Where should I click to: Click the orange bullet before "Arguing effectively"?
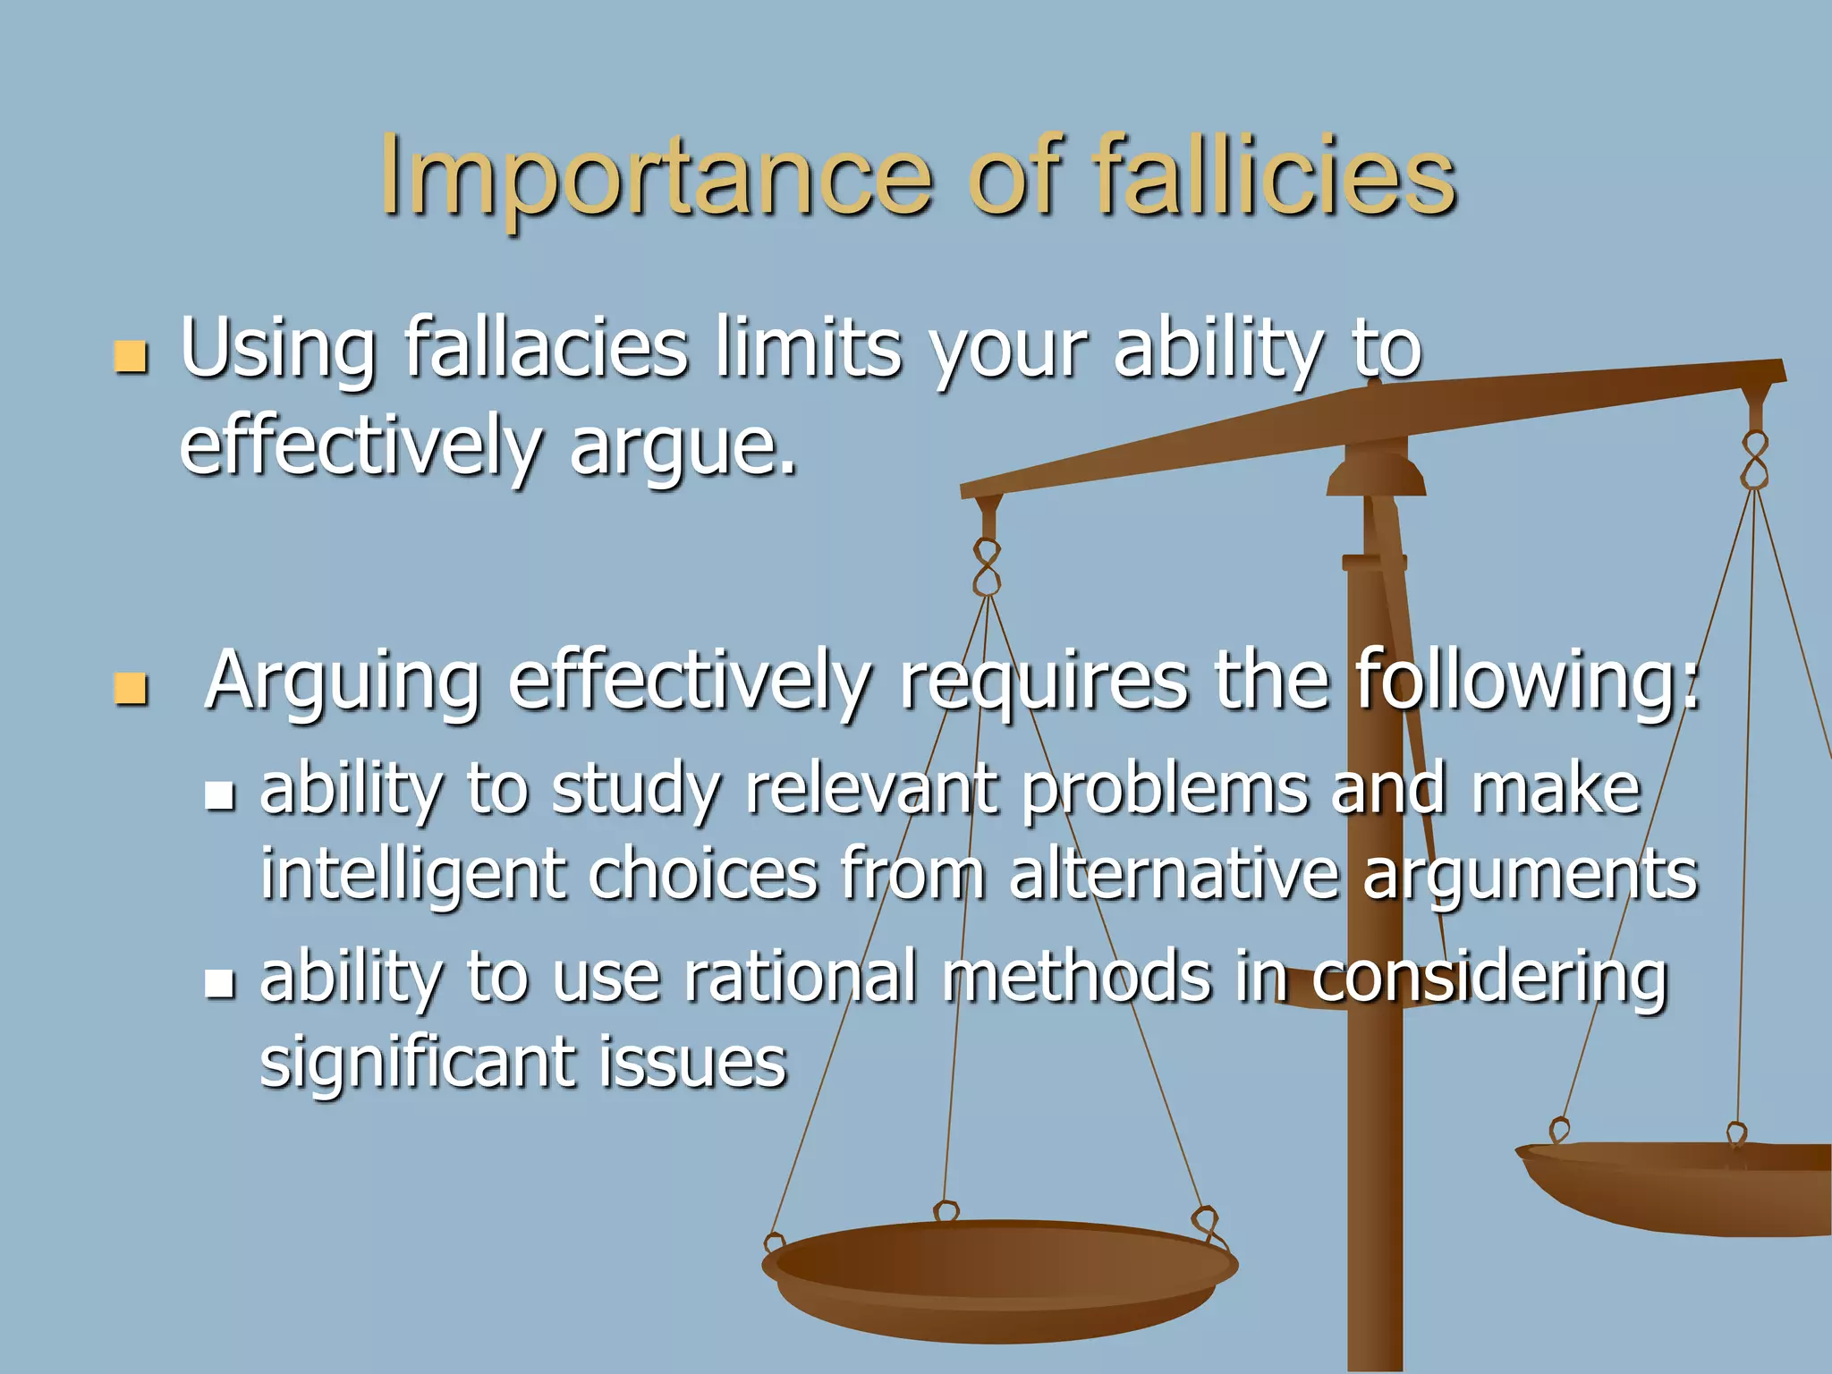pyautogui.click(x=131, y=689)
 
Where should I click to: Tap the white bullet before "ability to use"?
pyautogui.click(x=219, y=983)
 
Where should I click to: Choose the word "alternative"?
pyautogui.click(x=1173, y=873)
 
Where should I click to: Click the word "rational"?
pyautogui.click(x=801, y=976)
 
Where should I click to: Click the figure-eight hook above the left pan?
pyautogui.click(x=987, y=567)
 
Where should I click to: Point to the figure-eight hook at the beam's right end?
pyautogui.click(x=1755, y=460)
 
